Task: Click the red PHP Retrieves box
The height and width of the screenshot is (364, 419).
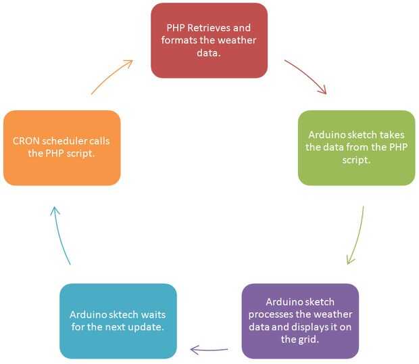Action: click(x=209, y=40)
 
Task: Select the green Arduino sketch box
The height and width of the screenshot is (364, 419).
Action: click(x=356, y=147)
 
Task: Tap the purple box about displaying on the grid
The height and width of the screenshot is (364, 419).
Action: click(x=300, y=321)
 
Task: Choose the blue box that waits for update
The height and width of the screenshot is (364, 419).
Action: click(x=118, y=321)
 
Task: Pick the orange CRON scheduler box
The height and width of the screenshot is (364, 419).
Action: click(x=61, y=147)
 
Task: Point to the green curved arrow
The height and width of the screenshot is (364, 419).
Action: click(x=358, y=237)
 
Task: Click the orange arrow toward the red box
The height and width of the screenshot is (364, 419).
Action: click(x=112, y=75)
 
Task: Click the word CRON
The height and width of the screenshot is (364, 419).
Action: click(x=26, y=141)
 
